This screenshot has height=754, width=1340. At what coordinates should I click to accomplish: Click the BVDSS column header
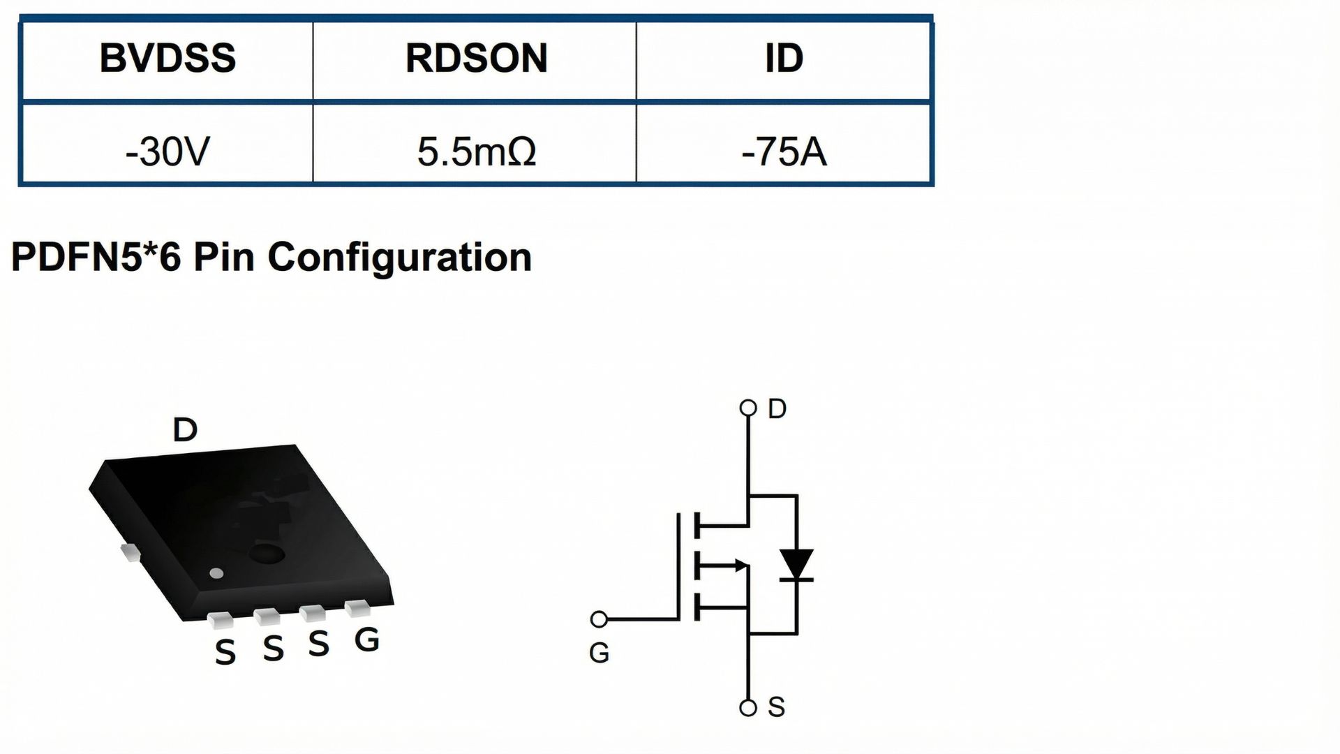pyautogui.click(x=167, y=58)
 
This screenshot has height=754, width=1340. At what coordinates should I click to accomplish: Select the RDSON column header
pyautogui.click(x=476, y=58)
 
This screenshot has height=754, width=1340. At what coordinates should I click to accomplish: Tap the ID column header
pyautogui.click(x=784, y=58)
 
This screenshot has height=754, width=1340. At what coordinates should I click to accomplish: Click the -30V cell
pyautogui.click(x=167, y=151)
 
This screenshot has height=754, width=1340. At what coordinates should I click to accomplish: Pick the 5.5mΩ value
pyautogui.click(x=476, y=151)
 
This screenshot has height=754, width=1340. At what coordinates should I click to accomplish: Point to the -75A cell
pyautogui.click(x=784, y=151)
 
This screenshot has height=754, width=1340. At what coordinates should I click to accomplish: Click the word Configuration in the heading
pyautogui.click(x=399, y=257)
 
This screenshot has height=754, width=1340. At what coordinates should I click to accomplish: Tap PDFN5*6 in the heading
pyautogui.click(x=96, y=257)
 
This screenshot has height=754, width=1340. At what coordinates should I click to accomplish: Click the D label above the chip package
pyautogui.click(x=185, y=430)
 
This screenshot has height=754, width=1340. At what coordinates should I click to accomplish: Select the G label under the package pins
pyautogui.click(x=366, y=640)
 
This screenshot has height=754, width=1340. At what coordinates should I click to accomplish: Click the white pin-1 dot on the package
pyautogui.click(x=217, y=574)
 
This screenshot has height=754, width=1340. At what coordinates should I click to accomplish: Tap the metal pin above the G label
pyautogui.click(x=359, y=608)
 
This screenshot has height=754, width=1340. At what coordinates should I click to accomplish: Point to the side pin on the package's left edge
pyautogui.click(x=130, y=552)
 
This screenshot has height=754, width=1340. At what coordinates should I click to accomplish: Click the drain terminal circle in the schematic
pyautogui.click(x=748, y=408)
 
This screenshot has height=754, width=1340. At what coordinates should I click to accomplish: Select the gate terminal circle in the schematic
pyautogui.click(x=599, y=619)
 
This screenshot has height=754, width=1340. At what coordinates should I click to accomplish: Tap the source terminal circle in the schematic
pyautogui.click(x=748, y=708)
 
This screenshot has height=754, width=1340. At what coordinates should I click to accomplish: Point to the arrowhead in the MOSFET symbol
pyautogui.click(x=740, y=565)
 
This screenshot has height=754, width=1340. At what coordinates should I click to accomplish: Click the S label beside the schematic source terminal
pyautogui.click(x=776, y=708)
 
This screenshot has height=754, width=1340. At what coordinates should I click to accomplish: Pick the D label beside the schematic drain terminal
pyautogui.click(x=777, y=408)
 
